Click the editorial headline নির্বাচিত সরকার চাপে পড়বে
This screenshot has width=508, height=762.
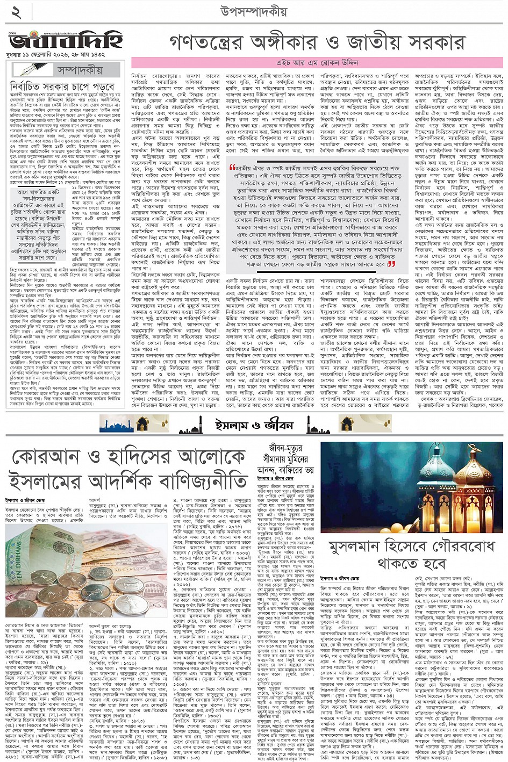(x=62, y=86)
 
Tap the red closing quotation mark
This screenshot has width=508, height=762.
(x=391, y=264)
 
